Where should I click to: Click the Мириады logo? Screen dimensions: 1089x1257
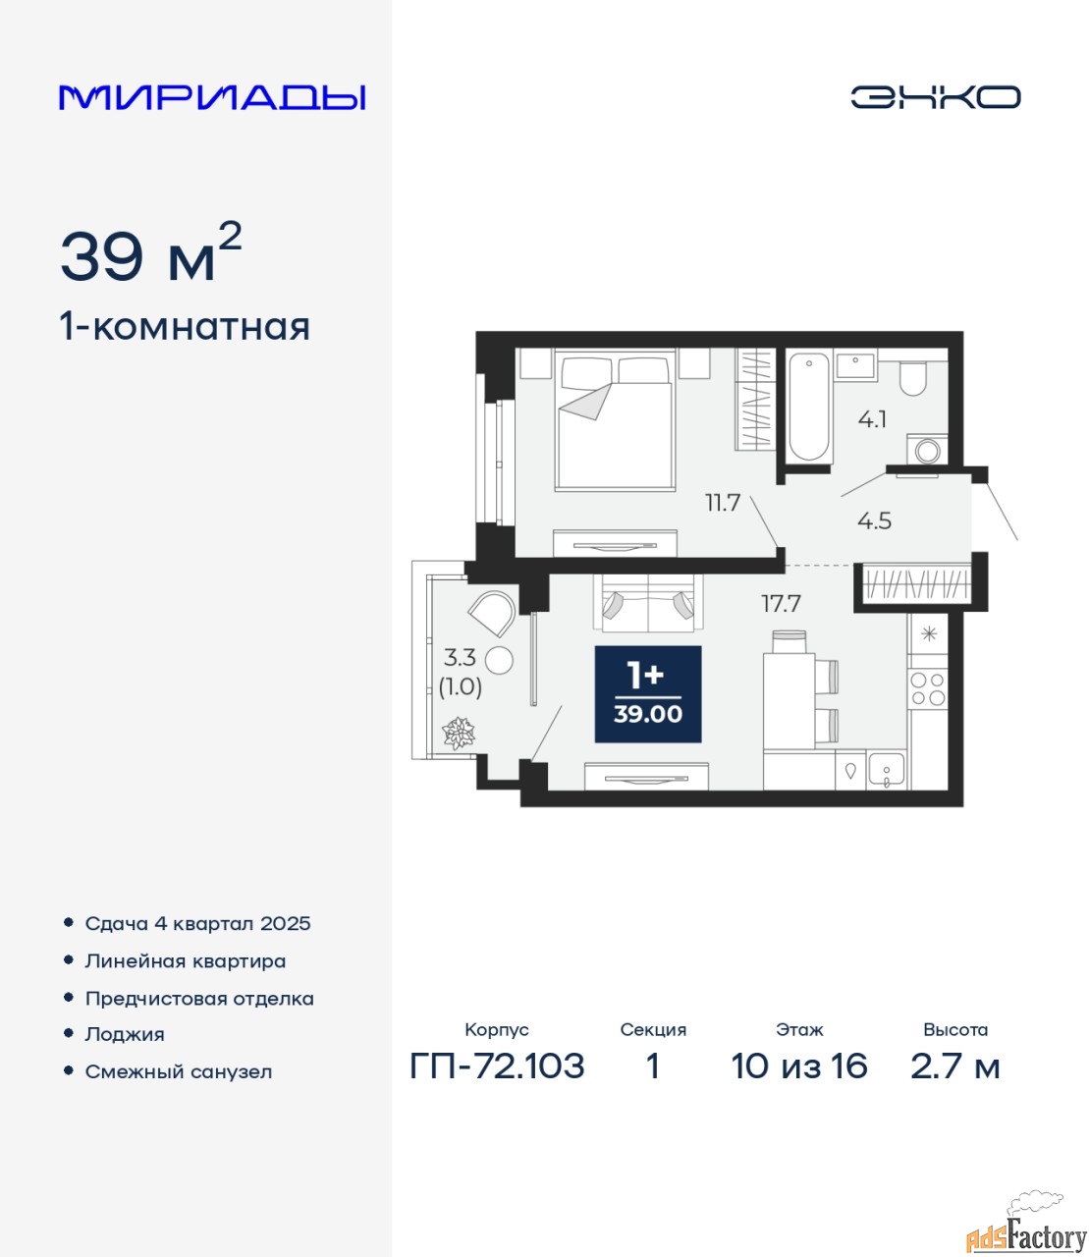212,97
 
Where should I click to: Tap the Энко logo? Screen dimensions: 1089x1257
935,97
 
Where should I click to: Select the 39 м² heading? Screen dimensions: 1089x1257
151,253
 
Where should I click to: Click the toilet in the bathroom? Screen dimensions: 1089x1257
912,378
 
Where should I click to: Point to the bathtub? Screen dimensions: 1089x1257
809,407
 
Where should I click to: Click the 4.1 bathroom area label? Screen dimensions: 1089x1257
872,419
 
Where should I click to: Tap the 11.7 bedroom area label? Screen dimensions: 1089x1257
723,503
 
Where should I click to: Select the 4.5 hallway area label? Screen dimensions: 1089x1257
874,520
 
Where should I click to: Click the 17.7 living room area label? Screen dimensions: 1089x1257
782,604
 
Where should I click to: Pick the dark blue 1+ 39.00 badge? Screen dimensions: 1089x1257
647,694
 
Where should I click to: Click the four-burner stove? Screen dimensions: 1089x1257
928,689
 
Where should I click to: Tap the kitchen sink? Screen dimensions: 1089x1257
887,770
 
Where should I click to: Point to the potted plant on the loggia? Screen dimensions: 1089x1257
459,733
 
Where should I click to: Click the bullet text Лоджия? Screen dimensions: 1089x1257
125,1034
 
